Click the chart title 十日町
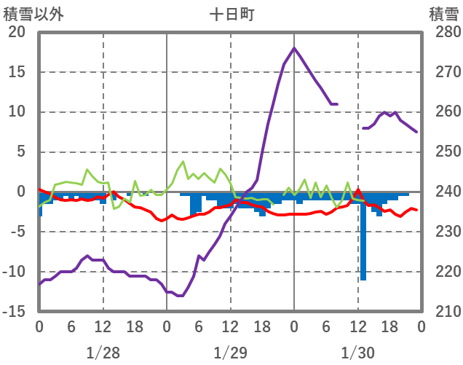(x=232, y=14)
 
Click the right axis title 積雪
(x=443, y=14)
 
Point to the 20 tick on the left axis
(x=17, y=33)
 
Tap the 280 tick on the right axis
(x=443, y=33)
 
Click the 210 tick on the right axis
(x=443, y=312)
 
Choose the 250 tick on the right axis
(x=443, y=152)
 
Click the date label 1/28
(x=103, y=353)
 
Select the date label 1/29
(x=230, y=353)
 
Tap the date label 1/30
(x=357, y=353)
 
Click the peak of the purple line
(x=294, y=48)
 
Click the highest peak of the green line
(x=183, y=162)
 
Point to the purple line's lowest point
(x=179, y=296)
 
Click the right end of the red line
(x=416, y=210)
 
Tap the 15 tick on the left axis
(x=17, y=73)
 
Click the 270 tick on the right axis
(x=443, y=73)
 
